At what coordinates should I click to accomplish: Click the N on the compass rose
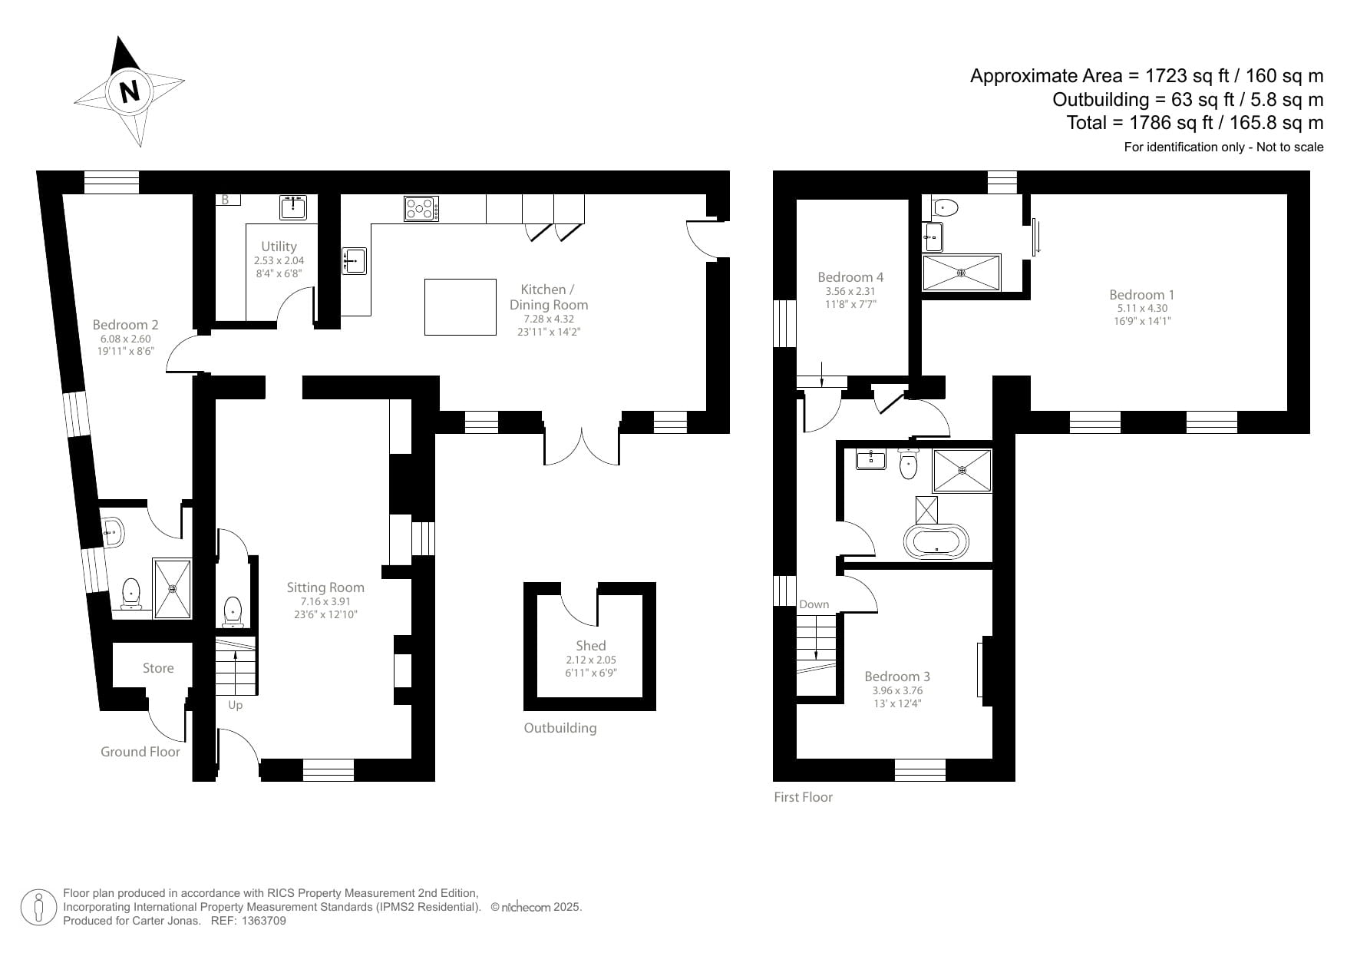pos(130,91)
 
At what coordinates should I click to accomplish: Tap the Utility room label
pos(279,247)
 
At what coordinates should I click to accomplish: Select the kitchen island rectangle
pos(461,307)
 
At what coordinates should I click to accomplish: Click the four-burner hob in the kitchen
pos(421,209)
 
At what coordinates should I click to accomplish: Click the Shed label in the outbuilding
pos(591,646)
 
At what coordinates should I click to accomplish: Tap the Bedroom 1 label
pos(1141,295)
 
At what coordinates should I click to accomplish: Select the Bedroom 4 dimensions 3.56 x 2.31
pos(850,292)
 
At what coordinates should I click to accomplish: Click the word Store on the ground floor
pos(158,668)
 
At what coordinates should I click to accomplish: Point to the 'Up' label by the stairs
pos(235,705)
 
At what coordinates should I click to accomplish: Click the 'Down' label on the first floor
pos(814,604)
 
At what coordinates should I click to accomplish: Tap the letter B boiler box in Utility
pos(226,200)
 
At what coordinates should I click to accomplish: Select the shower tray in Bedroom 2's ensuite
pos(172,588)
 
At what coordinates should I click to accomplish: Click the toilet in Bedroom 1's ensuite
pos(946,207)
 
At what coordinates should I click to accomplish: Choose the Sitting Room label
pos(325,587)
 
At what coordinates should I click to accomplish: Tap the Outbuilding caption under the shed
pos(560,728)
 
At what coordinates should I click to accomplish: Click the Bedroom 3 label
pos(897,677)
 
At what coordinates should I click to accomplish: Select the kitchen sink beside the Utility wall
pos(354,260)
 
